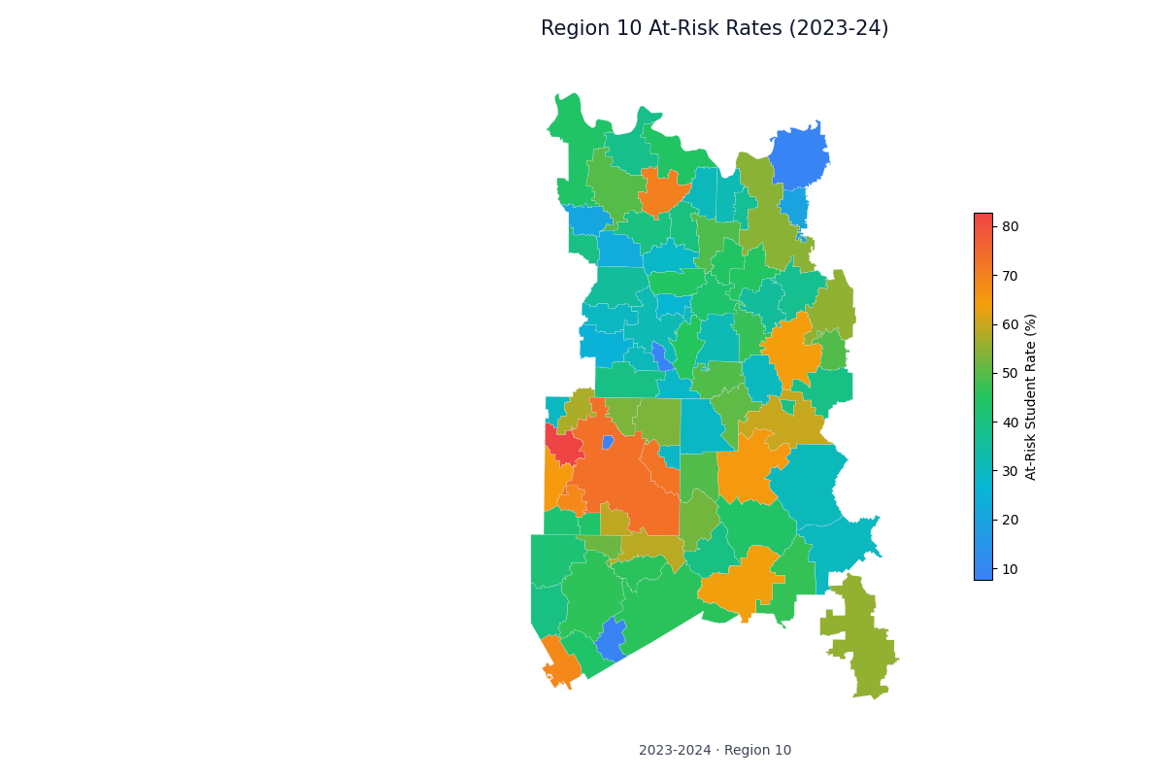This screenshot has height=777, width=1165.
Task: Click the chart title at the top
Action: pos(715,29)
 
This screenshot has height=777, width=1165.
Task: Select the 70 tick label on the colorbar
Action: pos(1011,276)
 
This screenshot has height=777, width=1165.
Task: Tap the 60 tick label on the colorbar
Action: pos(1011,324)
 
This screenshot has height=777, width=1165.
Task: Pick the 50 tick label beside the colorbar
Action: pos(1011,373)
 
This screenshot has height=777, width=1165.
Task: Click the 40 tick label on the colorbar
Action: pos(1011,422)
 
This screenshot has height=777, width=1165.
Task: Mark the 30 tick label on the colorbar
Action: pos(1011,471)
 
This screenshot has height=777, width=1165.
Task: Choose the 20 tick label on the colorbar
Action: pos(1011,520)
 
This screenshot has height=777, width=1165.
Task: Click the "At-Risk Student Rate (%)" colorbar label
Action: pos(1031,396)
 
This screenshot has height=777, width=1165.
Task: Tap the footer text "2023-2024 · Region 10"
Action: pos(715,750)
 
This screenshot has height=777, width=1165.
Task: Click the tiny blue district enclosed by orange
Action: pos(608,443)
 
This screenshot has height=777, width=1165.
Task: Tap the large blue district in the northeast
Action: pos(800,155)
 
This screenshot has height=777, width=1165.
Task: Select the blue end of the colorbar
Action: pos(983,575)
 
